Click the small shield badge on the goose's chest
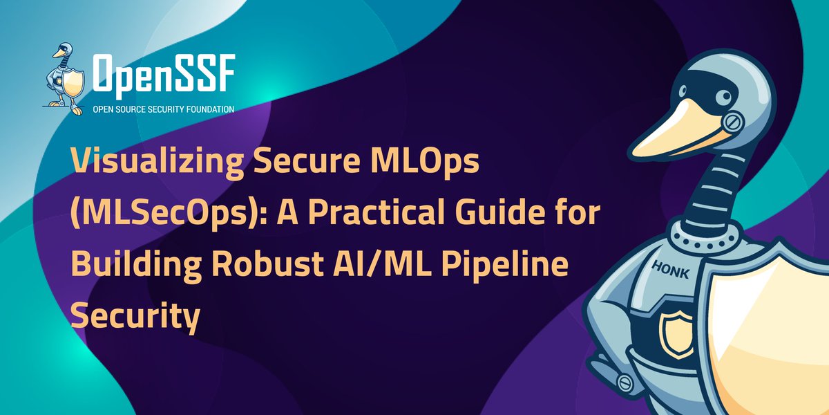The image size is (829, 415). (673, 333)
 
